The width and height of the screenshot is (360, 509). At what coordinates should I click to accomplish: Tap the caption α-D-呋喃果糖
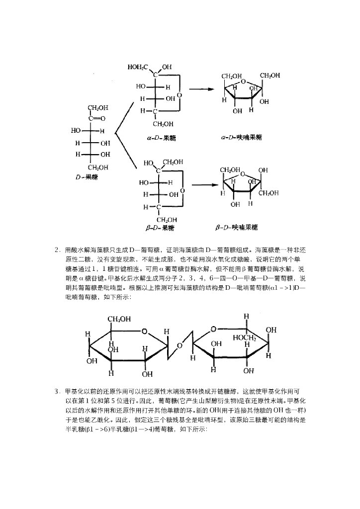(242, 136)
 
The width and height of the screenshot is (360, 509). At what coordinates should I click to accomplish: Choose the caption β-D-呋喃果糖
(237, 228)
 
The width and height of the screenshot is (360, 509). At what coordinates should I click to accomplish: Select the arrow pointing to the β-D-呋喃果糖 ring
(205, 185)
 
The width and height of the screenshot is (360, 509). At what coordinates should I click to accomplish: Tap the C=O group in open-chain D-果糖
(96, 119)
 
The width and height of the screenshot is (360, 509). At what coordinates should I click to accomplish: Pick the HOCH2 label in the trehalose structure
(244, 338)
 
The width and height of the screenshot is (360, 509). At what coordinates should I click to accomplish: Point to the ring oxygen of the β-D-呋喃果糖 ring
(242, 174)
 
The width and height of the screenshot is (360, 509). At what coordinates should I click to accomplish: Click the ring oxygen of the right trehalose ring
(213, 329)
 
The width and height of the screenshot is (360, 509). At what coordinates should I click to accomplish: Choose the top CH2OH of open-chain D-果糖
(98, 107)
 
